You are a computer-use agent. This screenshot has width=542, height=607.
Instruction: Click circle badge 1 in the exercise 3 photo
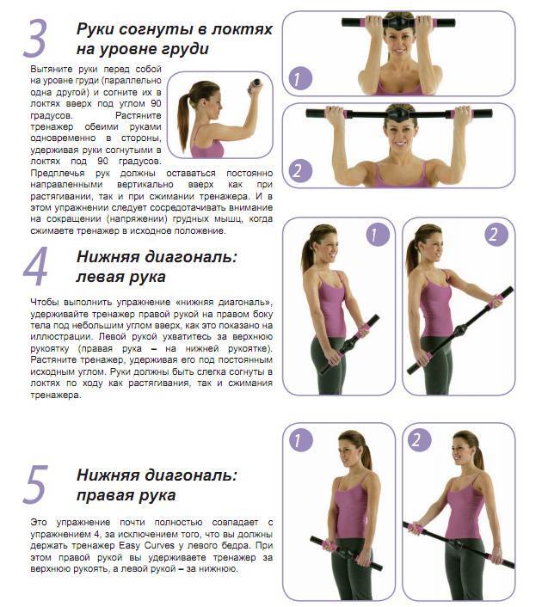(x=298, y=80)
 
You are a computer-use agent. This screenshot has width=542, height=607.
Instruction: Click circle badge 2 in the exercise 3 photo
(x=298, y=170)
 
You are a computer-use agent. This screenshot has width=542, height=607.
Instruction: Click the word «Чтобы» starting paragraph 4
(x=45, y=302)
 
